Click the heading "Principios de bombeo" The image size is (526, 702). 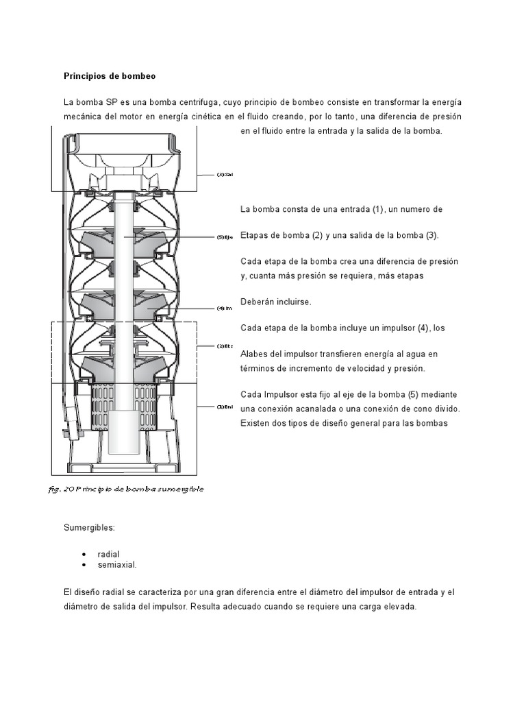[x=110, y=75]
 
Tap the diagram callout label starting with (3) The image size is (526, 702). [x=225, y=174]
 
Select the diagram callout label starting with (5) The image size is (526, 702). [x=225, y=237]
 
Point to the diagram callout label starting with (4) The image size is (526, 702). [x=225, y=308]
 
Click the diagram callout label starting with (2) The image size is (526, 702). [x=225, y=346]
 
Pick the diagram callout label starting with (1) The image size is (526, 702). [x=225, y=407]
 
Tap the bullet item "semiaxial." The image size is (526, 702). [x=122, y=565]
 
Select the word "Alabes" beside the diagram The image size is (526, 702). [x=255, y=354]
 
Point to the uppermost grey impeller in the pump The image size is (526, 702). [x=123, y=240]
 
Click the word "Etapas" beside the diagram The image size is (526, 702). [x=255, y=235]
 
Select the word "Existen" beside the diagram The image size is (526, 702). [x=257, y=423]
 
